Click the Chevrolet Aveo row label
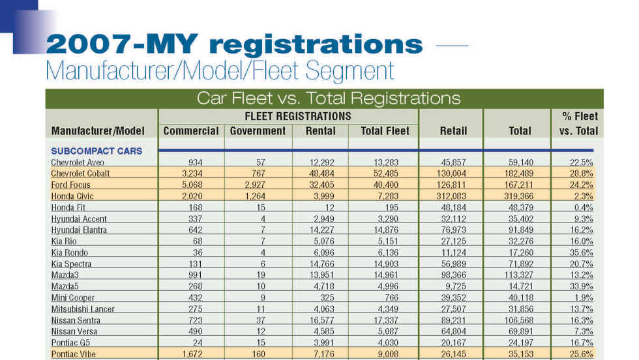77,162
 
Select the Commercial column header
191,130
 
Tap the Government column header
258,130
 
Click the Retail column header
453,130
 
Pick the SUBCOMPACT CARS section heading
97,151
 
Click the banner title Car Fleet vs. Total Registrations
329,98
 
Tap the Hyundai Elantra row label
79,230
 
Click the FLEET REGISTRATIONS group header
288,116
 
